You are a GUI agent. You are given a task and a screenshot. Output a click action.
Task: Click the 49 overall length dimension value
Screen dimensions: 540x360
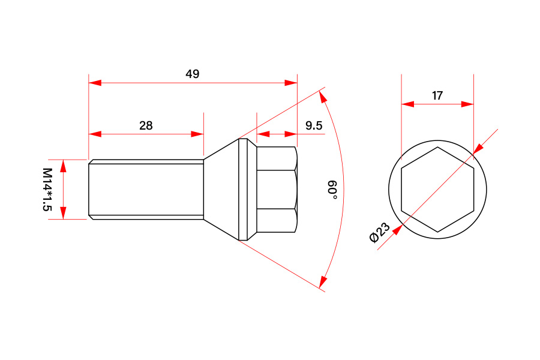[x=192, y=74]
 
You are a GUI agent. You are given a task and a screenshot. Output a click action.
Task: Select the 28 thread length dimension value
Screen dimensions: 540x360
[x=146, y=125]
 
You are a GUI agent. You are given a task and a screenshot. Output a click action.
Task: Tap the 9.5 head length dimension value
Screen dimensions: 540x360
[x=314, y=125]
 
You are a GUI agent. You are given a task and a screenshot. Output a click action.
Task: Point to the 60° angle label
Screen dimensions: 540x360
[x=332, y=189]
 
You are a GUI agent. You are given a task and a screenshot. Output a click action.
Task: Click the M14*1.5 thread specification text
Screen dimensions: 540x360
[x=47, y=190]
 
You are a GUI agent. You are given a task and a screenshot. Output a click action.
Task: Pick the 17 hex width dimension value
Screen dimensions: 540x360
[x=437, y=95]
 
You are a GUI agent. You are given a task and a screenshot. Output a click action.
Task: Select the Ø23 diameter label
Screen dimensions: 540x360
[x=379, y=233]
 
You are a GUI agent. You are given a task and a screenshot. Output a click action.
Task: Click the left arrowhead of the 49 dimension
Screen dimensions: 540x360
[x=95, y=83]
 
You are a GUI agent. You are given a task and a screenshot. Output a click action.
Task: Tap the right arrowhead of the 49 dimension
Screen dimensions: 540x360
[x=291, y=83]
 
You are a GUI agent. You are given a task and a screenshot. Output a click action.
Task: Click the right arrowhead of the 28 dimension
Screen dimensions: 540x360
[x=197, y=134]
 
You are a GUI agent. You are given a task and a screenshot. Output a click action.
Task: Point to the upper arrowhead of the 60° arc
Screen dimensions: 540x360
[x=323, y=97]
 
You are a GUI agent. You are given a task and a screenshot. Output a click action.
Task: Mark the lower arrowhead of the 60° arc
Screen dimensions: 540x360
[x=323, y=282]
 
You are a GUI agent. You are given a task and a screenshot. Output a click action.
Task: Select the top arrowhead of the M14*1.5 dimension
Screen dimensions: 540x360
[x=63, y=166]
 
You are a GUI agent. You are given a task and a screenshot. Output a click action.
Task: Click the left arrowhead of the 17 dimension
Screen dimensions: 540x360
[x=408, y=104]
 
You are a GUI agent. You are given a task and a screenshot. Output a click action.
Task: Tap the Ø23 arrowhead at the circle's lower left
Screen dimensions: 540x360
[x=398, y=230]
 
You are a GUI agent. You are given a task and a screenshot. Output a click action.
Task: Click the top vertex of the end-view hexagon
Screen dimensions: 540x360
[x=438, y=147]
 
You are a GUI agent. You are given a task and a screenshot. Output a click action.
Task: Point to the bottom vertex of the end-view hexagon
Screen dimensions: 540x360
[x=438, y=232]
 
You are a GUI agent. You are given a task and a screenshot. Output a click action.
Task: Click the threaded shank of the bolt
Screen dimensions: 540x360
[x=146, y=190]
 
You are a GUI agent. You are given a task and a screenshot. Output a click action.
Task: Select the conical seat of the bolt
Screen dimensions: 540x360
[x=221, y=190]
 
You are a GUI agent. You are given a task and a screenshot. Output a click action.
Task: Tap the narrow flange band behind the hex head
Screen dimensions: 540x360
[x=243, y=190]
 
